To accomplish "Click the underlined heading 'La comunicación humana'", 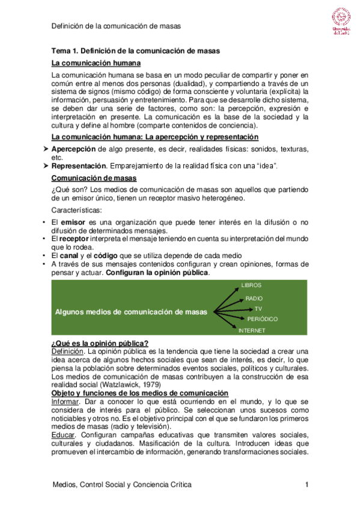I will (x=96, y=63).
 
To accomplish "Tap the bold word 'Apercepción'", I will (x=73, y=148).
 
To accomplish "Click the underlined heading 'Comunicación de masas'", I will (x=94, y=179).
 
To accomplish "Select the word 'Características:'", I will (x=77, y=210).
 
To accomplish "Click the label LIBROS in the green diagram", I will (x=251, y=285).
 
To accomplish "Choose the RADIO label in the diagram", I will (x=254, y=298).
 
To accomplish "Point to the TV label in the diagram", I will (x=258, y=309).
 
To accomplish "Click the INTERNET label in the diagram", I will (x=252, y=330).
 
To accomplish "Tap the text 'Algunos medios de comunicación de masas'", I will (x=131, y=312).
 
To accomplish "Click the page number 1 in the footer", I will (x=307, y=485).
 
